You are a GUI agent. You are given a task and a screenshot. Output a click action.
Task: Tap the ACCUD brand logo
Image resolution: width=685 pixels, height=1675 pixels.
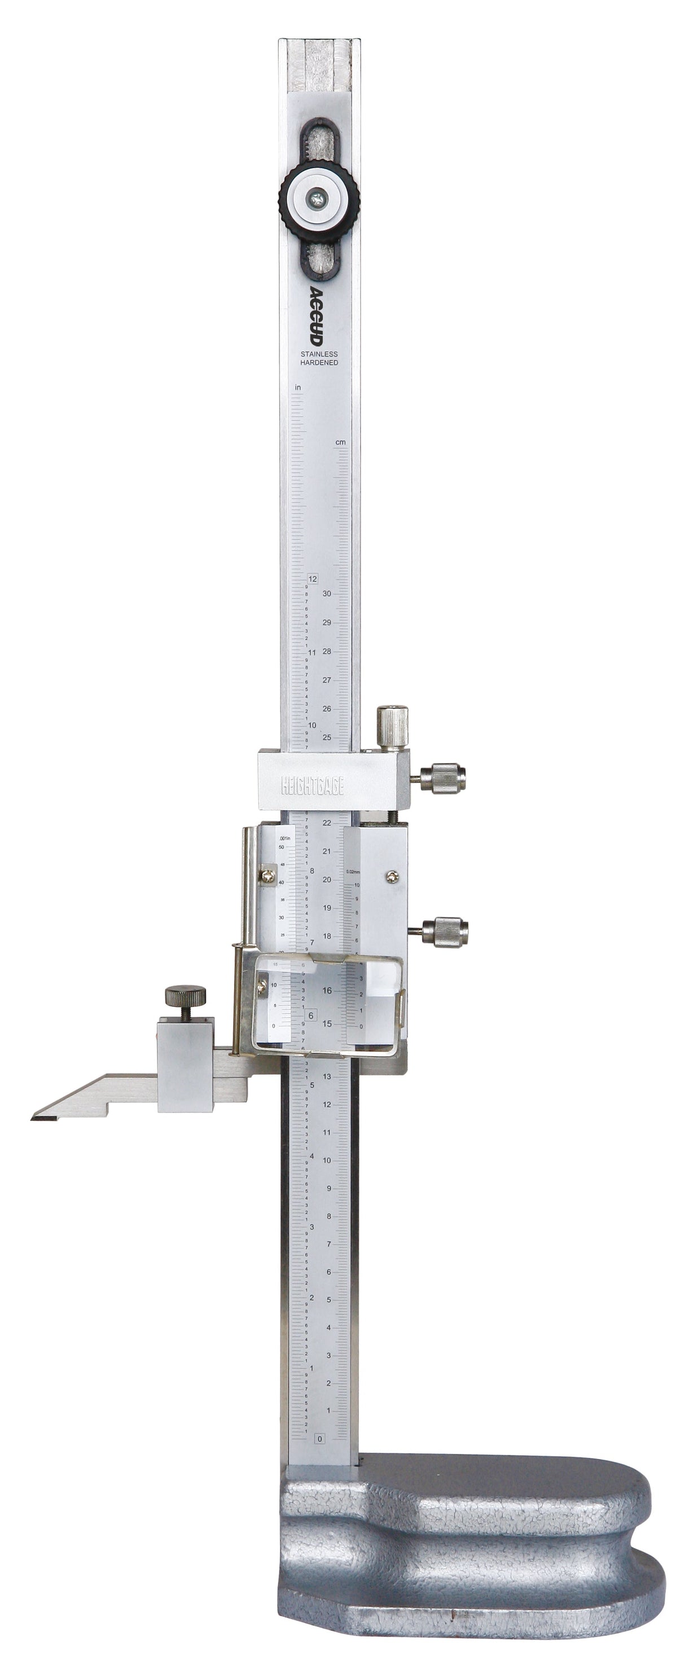pos(318,316)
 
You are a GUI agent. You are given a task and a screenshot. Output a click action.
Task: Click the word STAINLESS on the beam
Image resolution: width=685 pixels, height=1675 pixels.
pos(319,354)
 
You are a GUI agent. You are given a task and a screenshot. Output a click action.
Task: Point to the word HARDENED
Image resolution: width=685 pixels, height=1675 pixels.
pos(319,363)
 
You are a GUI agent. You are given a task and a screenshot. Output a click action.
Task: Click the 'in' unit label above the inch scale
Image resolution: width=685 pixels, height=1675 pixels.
pos(298,388)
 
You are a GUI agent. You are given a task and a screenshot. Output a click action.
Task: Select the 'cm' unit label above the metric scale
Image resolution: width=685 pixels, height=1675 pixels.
pos(340,443)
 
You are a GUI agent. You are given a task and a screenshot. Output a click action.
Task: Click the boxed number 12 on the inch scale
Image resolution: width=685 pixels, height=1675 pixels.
pos(313,579)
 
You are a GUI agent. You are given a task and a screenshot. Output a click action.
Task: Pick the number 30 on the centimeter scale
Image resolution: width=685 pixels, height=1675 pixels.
pos(327,593)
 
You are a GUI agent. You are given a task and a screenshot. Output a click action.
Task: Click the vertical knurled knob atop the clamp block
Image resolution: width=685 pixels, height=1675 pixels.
pos(392,727)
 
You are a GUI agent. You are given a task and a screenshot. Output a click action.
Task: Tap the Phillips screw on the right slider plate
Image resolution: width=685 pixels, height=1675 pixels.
pos(392,877)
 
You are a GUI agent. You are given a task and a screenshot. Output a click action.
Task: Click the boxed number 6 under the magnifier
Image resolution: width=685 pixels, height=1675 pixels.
pos(311,1015)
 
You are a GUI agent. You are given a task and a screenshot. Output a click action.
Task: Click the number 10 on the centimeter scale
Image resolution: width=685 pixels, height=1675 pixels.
pos(327,1160)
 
